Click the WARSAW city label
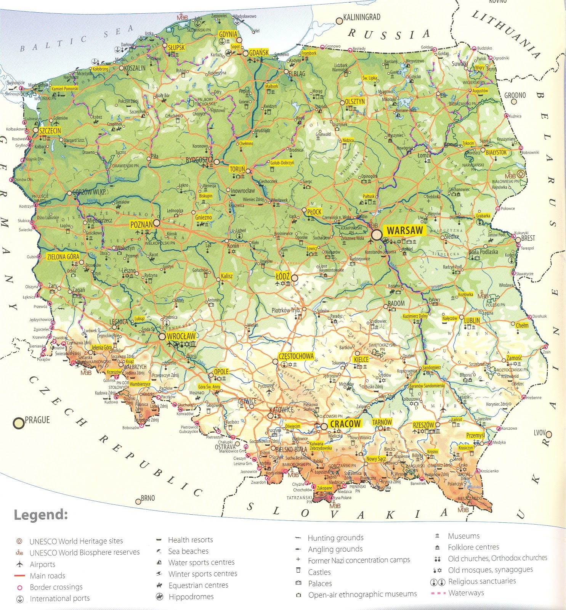pyautogui.click(x=404, y=230)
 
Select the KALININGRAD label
pyautogui.click(x=361, y=17)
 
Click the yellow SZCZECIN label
pyautogui.click(x=50, y=130)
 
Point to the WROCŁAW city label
pyautogui.click(x=181, y=336)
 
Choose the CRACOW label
pyautogui.click(x=345, y=424)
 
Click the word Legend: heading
pyautogui.click(x=41, y=515)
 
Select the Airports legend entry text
pyautogui.click(x=42, y=564)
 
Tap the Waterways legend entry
pyautogui.click(x=466, y=593)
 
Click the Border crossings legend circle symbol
pyautogui.click(x=20, y=588)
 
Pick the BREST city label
pyautogui.click(x=528, y=238)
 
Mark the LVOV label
pyautogui.click(x=540, y=433)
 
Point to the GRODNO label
pyautogui.click(x=515, y=95)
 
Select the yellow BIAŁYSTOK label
pyautogui.click(x=496, y=152)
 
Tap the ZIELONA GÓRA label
pyautogui.click(x=63, y=257)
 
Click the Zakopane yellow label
pyautogui.click(x=324, y=488)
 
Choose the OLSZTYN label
pyautogui.click(x=354, y=101)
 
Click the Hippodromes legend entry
pyautogui.click(x=191, y=597)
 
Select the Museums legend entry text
pyautogui.click(x=463, y=536)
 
